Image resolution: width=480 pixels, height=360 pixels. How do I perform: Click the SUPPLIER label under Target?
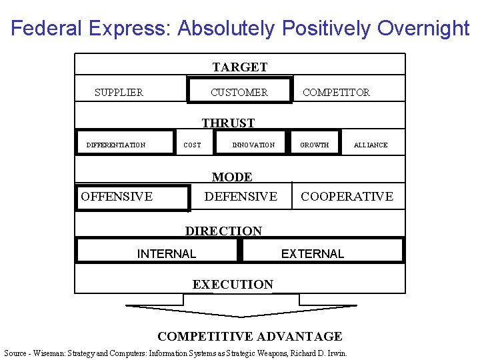click(119, 93)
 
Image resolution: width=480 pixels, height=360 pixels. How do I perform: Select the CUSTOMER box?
click(239, 92)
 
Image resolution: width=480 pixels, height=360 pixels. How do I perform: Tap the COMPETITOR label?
click(336, 93)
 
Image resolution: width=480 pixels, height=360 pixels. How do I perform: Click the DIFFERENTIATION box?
click(125, 142)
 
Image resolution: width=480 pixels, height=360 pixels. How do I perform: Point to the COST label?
click(192, 145)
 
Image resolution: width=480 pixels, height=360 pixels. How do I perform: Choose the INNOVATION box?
click(253, 145)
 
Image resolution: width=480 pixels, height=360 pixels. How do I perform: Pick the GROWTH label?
click(315, 145)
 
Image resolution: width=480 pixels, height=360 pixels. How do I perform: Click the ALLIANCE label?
click(371, 145)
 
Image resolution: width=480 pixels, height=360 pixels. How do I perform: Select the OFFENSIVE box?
click(132, 197)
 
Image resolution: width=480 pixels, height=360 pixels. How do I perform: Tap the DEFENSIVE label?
click(241, 197)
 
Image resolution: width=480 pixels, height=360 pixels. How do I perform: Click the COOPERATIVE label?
click(347, 197)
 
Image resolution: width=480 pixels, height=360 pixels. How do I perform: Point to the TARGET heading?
click(240, 67)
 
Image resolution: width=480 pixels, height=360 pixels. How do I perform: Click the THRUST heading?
click(228, 123)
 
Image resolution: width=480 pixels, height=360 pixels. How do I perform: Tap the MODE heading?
click(232, 177)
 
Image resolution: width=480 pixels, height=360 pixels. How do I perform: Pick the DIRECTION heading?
click(223, 231)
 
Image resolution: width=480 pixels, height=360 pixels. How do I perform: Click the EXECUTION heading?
click(233, 285)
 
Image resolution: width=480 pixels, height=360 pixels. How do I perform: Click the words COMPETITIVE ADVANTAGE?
click(249, 337)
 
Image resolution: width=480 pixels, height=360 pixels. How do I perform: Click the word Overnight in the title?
click(423, 29)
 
